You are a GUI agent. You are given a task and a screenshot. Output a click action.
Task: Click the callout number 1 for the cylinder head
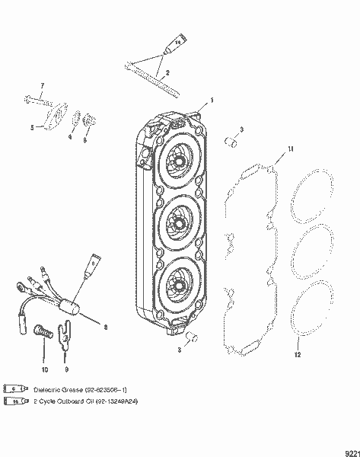pyautogui.click(x=212, y=100)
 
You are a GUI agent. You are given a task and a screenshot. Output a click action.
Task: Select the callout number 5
pyautogui.click(x=31, y=129)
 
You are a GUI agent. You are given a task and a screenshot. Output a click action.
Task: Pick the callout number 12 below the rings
pyautogui.click(x=298, y=355)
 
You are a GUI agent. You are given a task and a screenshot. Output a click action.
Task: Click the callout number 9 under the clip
pyautogui.click(x=69, y=369)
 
